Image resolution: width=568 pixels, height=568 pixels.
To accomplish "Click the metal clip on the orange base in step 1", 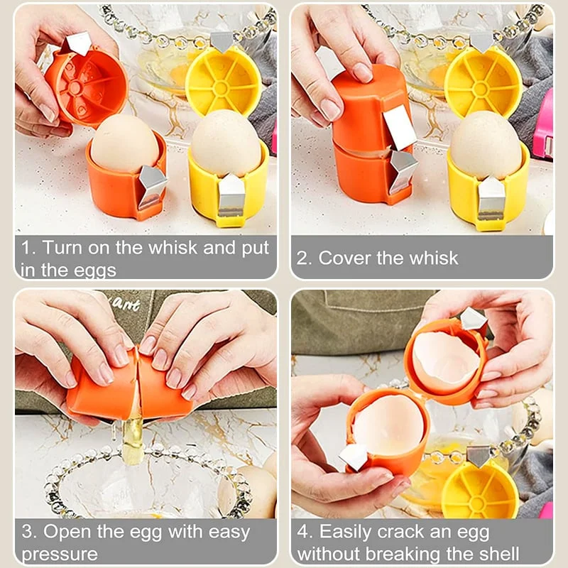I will coord(152,186).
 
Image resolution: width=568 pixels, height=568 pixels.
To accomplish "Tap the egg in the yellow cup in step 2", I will coord(486,145).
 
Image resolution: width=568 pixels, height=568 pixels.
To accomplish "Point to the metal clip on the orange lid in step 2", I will coord(400,126).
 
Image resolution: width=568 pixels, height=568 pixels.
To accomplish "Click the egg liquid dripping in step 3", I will coord(133,440).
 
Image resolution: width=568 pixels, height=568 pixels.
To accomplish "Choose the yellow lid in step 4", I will coord(480,491).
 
